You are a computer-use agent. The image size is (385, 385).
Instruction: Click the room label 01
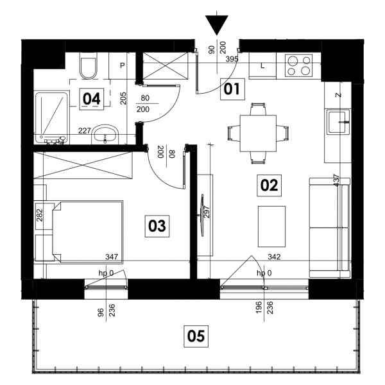point(232,89)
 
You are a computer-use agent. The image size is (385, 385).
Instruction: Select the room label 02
point(269,185)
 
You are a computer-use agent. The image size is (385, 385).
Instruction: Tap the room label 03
point(157,226)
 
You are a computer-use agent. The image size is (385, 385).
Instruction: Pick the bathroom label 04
point(92,99)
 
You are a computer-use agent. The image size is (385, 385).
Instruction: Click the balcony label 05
point(196,336)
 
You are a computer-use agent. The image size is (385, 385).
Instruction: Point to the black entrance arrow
point(217,25)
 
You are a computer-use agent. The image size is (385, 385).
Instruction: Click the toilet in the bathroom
point(89,65)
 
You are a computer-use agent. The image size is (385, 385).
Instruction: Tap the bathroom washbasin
point(105,135)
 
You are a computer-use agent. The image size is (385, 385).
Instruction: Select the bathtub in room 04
point(51,118)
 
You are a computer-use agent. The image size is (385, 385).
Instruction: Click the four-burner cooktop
point(298,65)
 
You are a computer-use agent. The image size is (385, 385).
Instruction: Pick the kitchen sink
point(338,122)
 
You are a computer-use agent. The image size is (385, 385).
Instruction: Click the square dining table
point(258,133)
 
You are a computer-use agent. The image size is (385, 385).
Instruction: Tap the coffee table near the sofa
point(271,227)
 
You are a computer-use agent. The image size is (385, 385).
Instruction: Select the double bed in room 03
point(88,232)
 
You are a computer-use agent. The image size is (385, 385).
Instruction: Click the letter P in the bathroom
point(123,65)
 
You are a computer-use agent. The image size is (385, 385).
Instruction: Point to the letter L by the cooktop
point(262,66)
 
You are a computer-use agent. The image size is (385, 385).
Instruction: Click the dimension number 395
point(232,59)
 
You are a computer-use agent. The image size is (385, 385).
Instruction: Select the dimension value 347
point(112,257)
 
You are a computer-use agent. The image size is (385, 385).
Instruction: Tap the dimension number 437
point(337,180)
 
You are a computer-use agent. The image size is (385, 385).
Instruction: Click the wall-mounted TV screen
point(202,216)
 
